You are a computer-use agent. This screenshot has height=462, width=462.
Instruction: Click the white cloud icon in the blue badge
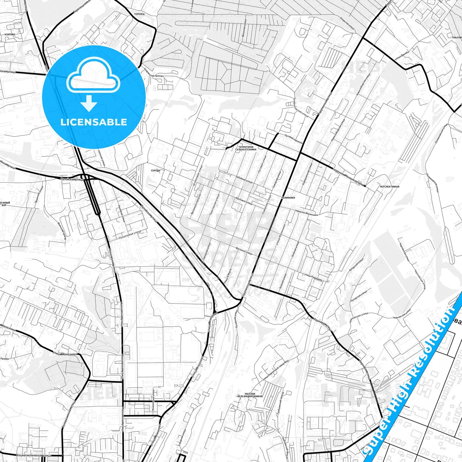pos(93,75)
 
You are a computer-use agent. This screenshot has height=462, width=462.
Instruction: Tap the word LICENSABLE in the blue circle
pos(94,122)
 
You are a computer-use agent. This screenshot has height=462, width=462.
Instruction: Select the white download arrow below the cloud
pos(89,103)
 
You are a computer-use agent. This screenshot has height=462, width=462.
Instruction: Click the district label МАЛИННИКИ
pos(288,198)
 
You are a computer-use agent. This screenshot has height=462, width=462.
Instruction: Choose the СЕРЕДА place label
pos(155,171)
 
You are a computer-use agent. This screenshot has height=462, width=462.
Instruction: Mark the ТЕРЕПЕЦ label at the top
pos(139,14)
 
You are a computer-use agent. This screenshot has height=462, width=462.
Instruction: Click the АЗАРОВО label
pos(10,34)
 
